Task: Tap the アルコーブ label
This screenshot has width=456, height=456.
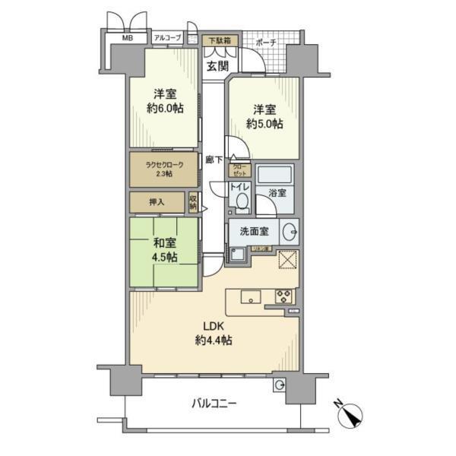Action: [x=167, y=37]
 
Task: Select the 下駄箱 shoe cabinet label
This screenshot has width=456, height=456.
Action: [x=221, y=40]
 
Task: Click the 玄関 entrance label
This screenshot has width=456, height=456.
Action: [x=217, y=66]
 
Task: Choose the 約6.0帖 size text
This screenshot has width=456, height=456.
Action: [x=165, y=109]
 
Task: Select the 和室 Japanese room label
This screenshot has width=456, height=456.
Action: [x=163, y=245]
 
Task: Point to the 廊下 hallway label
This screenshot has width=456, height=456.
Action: [x=214, y=160]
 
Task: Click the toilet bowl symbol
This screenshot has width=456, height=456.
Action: [x=242, y=201]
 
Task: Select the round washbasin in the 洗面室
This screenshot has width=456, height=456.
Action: [x=289, y=231]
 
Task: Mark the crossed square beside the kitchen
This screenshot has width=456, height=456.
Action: [x=287, y=260]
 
